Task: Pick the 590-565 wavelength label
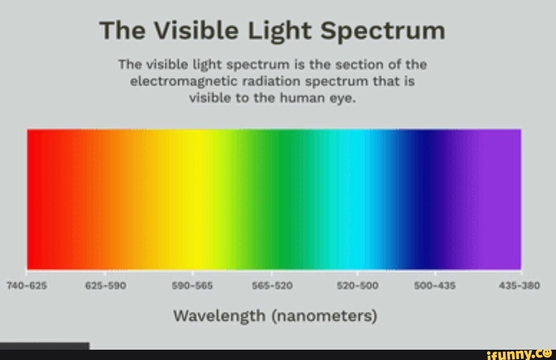click(x=194, y=286)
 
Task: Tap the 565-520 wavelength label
click(x=272, y=286)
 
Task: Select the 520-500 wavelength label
click(x=357, y=286)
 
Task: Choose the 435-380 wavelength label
click(x=519, y=286)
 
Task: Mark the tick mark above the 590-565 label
click(x=193, y=272)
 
